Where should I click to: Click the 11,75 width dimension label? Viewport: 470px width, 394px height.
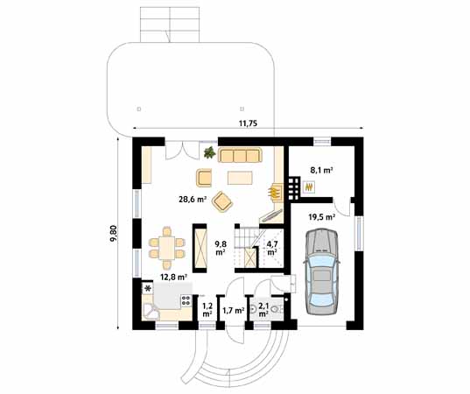pos(249,123)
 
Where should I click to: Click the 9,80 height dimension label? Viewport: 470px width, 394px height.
pos(114,233)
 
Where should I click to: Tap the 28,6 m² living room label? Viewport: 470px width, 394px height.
pos(193,200)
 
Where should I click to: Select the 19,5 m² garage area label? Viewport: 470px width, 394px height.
pos(322,217)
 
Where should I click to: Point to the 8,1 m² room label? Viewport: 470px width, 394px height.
pos(321,171)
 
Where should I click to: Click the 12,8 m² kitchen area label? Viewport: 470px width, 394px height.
pos(174,278)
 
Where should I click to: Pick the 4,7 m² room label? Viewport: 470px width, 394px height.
pos(271,248)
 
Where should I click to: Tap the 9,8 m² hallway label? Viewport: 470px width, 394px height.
pos(221,248)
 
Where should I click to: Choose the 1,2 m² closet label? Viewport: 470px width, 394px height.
pos(207,310)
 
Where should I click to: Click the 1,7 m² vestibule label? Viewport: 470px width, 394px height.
pos(233,310)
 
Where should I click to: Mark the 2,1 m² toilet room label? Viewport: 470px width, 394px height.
pos(263,310)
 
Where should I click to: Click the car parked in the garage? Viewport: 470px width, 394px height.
pos(321,271)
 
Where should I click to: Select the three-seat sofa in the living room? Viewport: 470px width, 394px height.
pos(240,155)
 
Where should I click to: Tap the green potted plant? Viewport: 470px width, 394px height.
pos(209,152)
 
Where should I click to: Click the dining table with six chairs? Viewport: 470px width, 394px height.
pos(167,248)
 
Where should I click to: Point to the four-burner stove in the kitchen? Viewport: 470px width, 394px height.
pos(186,300)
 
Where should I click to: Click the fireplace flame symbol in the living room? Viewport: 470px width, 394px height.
pos(273,192)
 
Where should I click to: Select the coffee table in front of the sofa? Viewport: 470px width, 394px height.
pos(240,178)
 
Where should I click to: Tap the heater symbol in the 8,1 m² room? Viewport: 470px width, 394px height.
pos(309,187)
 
